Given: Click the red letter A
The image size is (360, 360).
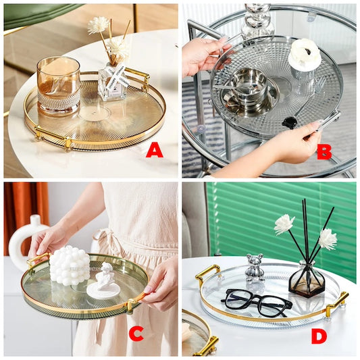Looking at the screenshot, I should (154, 150).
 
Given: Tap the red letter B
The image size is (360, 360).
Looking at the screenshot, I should (324, 151).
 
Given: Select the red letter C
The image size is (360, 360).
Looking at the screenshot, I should (136, 332).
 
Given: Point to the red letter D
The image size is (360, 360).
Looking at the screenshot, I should (319, 335).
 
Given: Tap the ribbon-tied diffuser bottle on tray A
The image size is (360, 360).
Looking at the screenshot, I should (111, 82).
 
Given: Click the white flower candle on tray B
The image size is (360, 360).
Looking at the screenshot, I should (304, 55).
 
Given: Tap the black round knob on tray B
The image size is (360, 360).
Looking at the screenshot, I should (289, 122).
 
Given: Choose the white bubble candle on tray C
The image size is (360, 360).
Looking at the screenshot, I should (69, 265).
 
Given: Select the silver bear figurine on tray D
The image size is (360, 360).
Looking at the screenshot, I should (254, 267).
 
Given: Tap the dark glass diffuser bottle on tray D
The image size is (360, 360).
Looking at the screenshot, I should (306, 278).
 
